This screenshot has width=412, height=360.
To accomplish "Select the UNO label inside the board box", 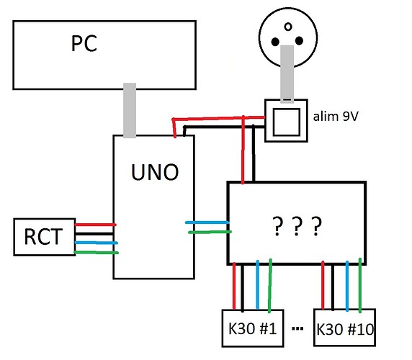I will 153,173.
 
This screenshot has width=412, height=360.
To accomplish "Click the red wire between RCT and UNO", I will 95,225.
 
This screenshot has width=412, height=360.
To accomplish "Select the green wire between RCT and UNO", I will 95,252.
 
